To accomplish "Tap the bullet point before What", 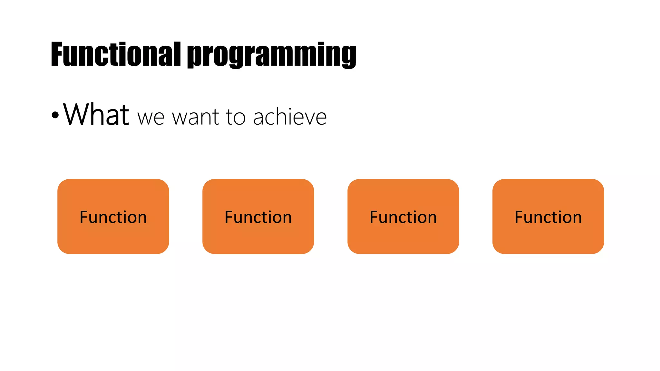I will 55,115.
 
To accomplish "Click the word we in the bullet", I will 151,118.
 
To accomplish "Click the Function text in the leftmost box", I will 113,217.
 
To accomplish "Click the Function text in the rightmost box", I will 548,217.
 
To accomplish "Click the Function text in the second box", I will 258,217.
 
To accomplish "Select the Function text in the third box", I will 403,217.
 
